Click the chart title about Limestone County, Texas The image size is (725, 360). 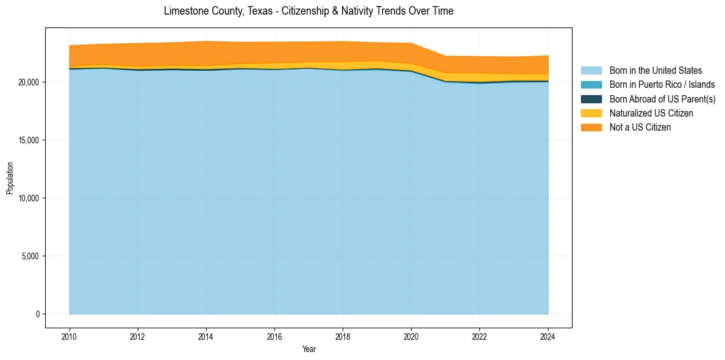pyautogui.click(x=309, y=11)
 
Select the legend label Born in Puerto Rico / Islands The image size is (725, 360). pyautogui.click(x=662, y=85)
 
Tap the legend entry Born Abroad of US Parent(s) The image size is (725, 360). pyautogui.click(x=662, y=99)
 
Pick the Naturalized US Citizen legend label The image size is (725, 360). pyautogui.click(x=651, y=113)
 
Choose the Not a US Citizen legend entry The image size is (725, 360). pyautogui.click(x=640, y=127)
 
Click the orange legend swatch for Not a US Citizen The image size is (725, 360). pyautogui.click(x=591, y=127)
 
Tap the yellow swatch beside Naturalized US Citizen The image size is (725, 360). pyautogui.click(x=591, y=113)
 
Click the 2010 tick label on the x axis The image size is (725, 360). pyautogui.click(x=70, y=337)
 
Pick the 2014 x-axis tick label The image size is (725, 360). pyautogui.click(x=206, y=337)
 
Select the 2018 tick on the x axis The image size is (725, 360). pyautogui.click(x=343, y=337)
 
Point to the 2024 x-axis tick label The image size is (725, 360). pyautogui.click(x=548, y=337)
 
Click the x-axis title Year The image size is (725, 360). pyautogui.click(x=309, y=349)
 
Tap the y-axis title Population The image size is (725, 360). pyautogui.click(x=10, y=178)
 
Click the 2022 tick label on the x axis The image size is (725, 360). pyautogui.click(x=480, y=337)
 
